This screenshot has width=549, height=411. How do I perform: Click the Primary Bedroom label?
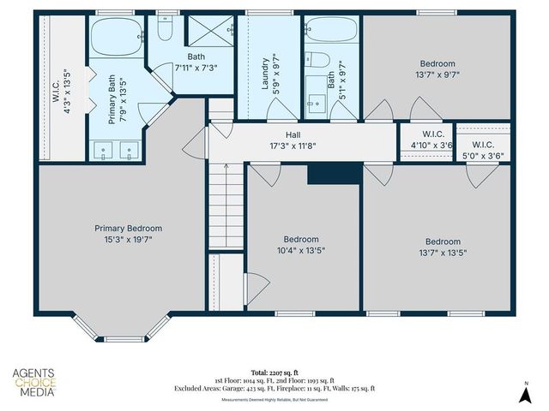pyautogui.click(x=128, y=229)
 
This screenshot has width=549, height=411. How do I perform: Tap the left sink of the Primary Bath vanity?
pyautogui.click(x=104, y=151)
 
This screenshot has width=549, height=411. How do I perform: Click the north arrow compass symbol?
pyautogui.click(x=525, y=391)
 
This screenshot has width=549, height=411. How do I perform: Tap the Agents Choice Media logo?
pyautogui.click(x=34, y=382)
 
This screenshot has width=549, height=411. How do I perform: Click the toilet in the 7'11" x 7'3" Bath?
pyautogui.click(x=165, y=31)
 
